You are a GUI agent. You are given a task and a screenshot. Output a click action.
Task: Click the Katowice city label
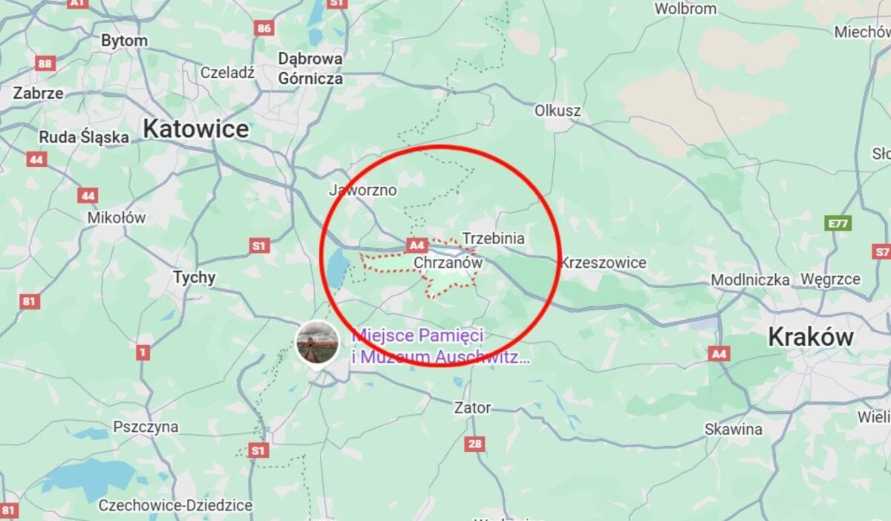click(196, 129)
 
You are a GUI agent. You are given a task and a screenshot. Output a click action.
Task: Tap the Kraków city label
click(811, 337)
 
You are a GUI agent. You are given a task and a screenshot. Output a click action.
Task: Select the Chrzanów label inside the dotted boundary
click(448, 263)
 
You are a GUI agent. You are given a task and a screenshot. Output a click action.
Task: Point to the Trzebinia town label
click(494, 238)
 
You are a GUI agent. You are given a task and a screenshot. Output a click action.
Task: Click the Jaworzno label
click(363, 191)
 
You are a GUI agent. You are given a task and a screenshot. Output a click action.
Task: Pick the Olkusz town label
click(558, 111)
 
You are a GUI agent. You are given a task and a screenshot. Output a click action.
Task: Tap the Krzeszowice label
click(604, 263)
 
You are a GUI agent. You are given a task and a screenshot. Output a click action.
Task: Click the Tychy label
click(195, 278)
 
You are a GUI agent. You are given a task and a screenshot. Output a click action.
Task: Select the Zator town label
click(473, 407)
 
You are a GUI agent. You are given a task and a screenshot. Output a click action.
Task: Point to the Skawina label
click(734, 429)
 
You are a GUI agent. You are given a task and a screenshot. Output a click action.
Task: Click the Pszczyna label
click(146, 427)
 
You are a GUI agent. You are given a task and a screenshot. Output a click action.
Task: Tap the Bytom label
click(124, 41)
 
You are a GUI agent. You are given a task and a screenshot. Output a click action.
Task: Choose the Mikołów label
click(117, 218)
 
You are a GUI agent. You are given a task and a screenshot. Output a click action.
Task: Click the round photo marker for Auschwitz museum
click(318, 342)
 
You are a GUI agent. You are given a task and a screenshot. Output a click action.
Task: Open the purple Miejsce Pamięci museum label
click(441, 347)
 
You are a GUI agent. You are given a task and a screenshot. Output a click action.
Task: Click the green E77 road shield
click(838, 223)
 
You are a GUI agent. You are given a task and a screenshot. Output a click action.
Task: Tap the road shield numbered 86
click(264, 28)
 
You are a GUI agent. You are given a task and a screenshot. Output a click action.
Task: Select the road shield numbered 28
click(475, 444)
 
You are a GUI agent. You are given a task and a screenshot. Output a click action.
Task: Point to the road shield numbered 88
click(45, 64)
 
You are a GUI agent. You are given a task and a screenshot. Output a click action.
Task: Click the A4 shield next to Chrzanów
click(417, 244)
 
